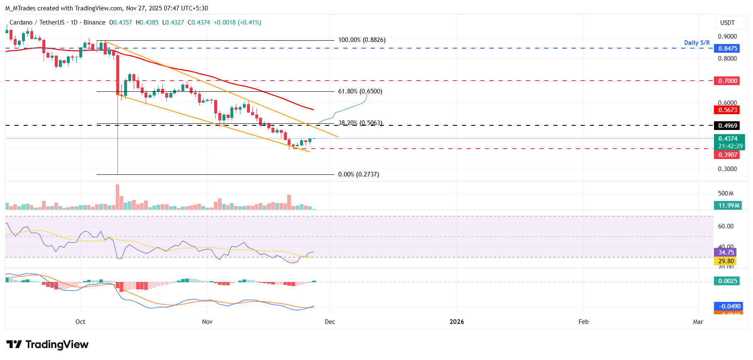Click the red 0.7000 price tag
click(x=728, y=81)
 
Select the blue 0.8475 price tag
click(x=728, y=49)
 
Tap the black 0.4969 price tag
click(x=728, y=126)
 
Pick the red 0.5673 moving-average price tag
click(x=728, y=110)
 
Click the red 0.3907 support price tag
click(x=728, y=155)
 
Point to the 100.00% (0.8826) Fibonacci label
click(x=362, y=40)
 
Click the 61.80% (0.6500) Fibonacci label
click(x=360, y=91)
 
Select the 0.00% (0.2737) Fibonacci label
click(x=358, y=174)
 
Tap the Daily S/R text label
click(x=697, y=43)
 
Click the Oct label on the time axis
click(x=80, y=322)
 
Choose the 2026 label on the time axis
click(x=457, y=322)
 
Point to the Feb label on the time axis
click(x=583, y=322)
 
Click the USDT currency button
click(x=727, y=23)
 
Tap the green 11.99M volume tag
click(x=729, y=206)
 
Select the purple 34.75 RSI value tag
click(x=726, y=252)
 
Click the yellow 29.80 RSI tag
click(x=726, y=261)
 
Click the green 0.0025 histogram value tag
click(x=728, y=281)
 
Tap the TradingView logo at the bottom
click(x=47, y=345)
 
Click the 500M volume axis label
click(x=726, y=193)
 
